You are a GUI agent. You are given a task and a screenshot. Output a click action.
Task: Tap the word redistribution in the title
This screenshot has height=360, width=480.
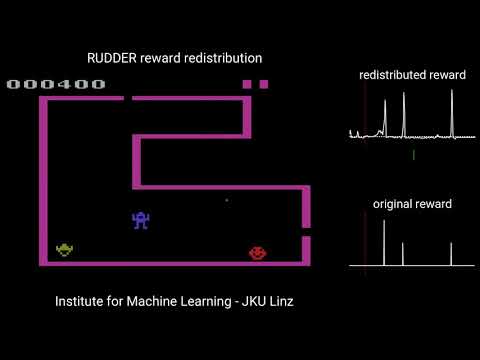tap(221, 59)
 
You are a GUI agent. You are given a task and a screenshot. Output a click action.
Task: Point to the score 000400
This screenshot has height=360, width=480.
tap(56, 84)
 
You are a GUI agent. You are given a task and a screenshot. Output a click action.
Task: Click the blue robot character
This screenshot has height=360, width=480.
tap(141, 220)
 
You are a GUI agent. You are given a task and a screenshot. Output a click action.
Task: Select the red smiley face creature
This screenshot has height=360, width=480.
tap(258, 254)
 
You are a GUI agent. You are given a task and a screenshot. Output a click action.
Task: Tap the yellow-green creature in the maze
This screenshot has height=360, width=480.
tap(65, 249)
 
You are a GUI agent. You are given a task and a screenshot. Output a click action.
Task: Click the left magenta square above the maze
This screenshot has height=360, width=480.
tap(247, 84)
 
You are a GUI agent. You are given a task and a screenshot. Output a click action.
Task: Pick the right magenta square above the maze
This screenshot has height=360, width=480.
tap(264, 84)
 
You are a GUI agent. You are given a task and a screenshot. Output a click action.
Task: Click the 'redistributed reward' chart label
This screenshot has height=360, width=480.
tap(413, 76)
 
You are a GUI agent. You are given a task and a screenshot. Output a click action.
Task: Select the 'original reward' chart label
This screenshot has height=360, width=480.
tap(412, 204)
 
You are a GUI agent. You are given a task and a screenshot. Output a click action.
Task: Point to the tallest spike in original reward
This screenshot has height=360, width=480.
tap(384, 241)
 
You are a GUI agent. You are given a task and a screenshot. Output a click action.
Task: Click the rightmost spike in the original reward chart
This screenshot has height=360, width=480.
tap(451, 253)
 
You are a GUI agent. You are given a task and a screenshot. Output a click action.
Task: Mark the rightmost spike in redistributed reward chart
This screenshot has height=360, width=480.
tap(451, 110)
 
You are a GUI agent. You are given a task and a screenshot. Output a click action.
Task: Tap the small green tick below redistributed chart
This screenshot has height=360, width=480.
tap(413, 155)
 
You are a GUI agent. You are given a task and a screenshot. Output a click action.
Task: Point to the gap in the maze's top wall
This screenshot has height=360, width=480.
tap(128, 98)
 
